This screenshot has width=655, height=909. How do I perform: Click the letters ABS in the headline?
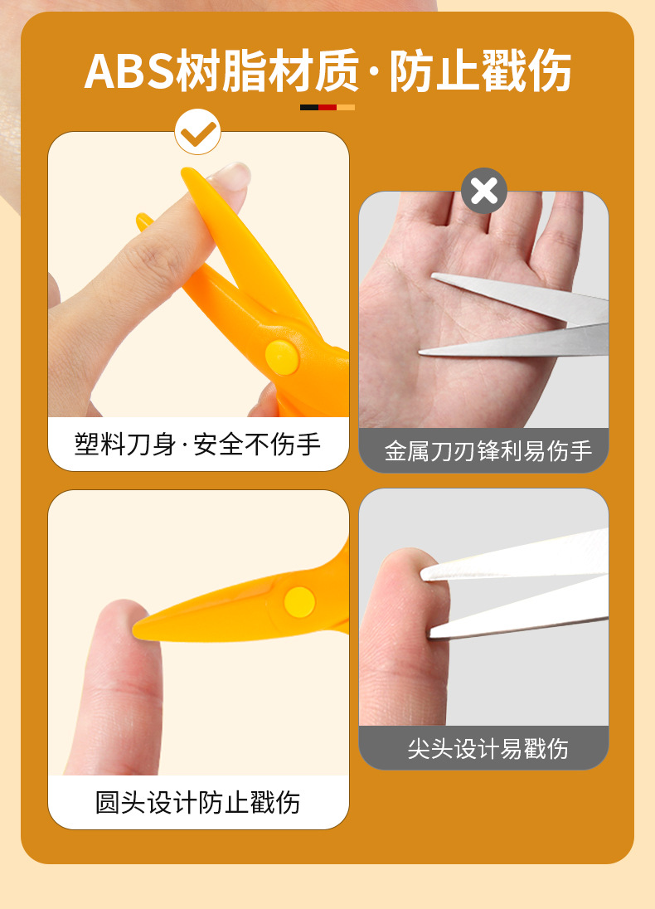[129, 70]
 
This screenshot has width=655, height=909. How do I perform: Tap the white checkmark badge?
[197, 132]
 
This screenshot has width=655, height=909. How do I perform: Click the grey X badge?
[484, 191]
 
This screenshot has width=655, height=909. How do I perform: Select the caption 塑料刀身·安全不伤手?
[197, 444]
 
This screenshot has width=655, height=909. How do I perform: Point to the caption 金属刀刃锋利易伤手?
[488, 450]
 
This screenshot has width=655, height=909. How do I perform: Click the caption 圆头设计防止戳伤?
[197, 802]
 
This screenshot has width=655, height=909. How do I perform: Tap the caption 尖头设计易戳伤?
[488, 748]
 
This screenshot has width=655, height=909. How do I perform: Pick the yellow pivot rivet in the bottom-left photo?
[299, 602]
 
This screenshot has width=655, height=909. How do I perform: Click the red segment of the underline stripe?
[327, 107]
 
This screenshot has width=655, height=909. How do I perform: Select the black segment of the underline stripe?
[309, 107]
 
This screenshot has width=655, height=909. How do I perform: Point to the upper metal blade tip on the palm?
[434, 276]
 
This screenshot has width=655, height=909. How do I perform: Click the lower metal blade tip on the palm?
[423, 352]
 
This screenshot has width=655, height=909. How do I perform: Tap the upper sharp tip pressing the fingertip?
[425, 575]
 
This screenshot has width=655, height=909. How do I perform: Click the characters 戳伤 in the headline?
[526, 70]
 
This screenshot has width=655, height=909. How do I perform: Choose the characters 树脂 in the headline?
[221, 70]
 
